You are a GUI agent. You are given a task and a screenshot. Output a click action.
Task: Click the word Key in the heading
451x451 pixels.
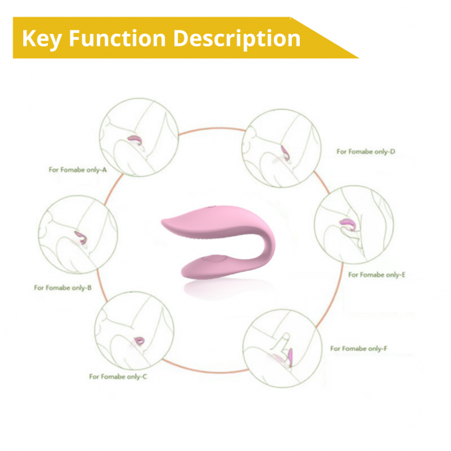pos(42,39)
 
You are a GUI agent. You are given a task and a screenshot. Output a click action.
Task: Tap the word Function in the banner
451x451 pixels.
pos(117,38)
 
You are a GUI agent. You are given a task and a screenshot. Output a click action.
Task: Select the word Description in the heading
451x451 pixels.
pos(237,39)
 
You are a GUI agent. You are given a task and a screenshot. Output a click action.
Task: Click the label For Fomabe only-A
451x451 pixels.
pos(78,170)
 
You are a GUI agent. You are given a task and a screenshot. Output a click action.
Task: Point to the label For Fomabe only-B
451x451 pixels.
pos(63,288)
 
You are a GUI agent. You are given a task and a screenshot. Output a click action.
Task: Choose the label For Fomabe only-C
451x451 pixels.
pos(118,377)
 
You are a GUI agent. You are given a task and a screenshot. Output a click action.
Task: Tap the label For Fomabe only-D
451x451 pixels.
pos(366,151)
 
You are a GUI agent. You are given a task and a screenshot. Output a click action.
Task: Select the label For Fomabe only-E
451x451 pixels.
pos(377,275)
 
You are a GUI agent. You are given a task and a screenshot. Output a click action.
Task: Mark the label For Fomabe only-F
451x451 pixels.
pos(359,349)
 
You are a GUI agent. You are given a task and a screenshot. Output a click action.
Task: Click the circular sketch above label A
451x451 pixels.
pos(139,137)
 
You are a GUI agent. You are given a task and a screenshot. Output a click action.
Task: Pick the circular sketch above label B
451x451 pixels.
pos(78,235)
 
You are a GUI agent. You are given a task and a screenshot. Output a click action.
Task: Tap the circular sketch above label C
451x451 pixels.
pos(135,331)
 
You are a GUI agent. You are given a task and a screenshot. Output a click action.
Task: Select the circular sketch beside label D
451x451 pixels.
pos(281,149)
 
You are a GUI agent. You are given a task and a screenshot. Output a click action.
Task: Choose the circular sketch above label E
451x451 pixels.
pos(354,225)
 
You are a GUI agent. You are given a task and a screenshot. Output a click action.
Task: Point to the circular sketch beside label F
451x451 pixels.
pos(283,348)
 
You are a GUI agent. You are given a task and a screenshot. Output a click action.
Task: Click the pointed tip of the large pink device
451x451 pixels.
pos(162,221)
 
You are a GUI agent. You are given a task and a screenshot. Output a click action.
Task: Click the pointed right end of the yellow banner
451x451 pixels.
pos(358,58)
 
